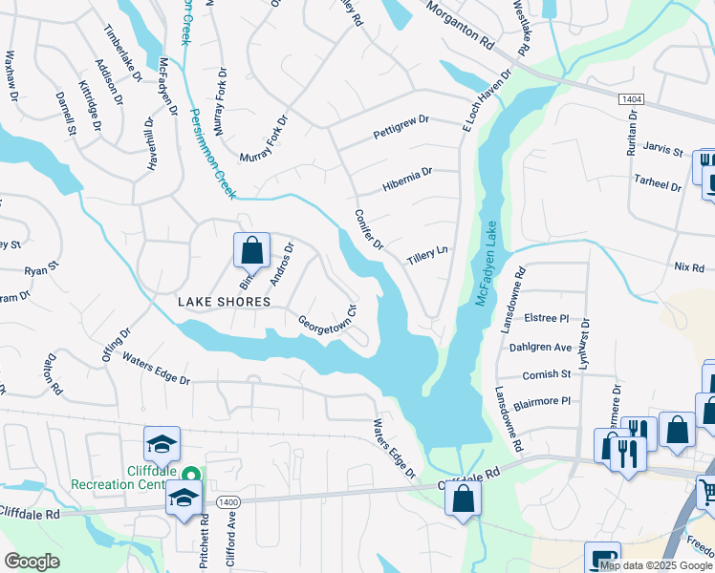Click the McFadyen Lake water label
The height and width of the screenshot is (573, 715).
pyautogui.click(x=489, y=259)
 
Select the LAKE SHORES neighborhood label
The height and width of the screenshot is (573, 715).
pyautogui.click(x=224, y=301)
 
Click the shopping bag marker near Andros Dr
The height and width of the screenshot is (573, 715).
pyautogui.click(x=251, y=251)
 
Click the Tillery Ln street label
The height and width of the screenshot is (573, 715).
pyautogui.click(x=427, y=257)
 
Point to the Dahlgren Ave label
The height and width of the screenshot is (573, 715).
pyautogui.click(x=540, y=348)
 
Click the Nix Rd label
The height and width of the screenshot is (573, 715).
pyautogui.click(x=688, y=267)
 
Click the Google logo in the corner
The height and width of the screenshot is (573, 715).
pyautogui.click(x=32, y=562)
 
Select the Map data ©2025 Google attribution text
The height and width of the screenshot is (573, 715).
pyautogui.click(x=657, y=565)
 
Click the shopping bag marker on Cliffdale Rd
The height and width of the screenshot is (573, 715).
pyautogui.click(x=463, y=498)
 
